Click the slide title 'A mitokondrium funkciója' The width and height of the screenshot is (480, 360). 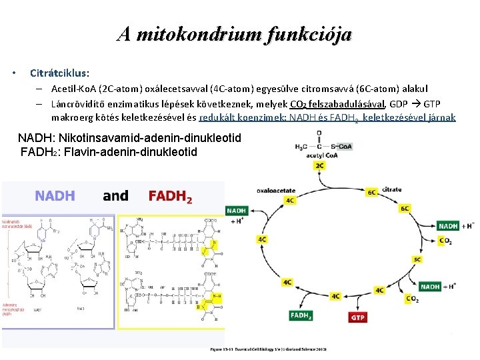[234, 34]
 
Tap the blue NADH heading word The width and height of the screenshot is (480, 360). [55, 196]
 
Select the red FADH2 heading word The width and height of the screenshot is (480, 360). [170, 197]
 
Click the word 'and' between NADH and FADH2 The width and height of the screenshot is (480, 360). [115, 196]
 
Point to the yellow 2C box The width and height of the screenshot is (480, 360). [320, 165]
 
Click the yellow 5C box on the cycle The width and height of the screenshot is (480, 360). [417, 259]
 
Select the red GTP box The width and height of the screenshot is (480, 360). [359, 317]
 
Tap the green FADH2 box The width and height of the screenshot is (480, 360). [301, 316]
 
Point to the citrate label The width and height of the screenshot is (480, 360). [392, 190]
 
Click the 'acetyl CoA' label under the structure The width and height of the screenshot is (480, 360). [321, 155]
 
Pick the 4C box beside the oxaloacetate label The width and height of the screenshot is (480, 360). [290, 199]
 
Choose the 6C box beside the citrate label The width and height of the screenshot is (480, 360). [372, 191]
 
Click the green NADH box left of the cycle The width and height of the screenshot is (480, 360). [237, 211]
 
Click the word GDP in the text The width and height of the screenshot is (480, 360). [398, 104]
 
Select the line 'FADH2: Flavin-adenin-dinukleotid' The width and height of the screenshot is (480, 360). [109, 151]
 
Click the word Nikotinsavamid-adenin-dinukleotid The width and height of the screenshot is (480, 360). [150, 138]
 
